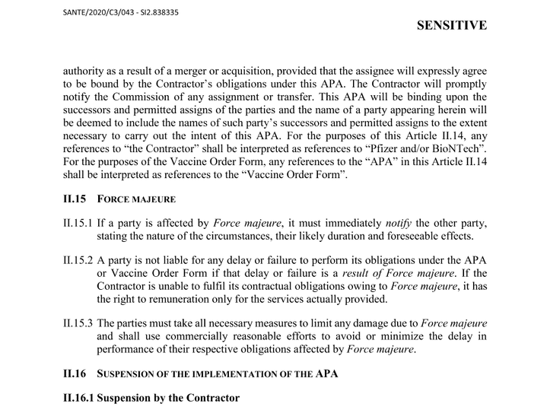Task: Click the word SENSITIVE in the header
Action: click(x=452, y=25)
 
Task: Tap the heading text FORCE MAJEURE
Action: click(x=136, y=200)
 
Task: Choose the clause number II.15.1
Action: click(x=78, y=222)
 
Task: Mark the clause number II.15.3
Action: click(x=78, y=323)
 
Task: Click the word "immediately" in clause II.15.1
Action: click(x=344, y=222)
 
